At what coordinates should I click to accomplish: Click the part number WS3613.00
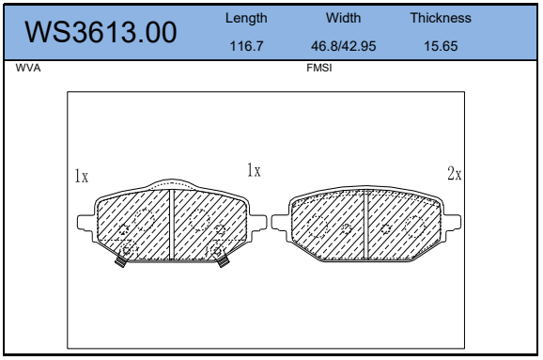tap(101, 32)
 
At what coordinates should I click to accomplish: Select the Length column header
tap(246, 18)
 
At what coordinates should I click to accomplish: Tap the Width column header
tap(343, 18)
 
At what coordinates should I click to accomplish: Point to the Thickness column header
tap(441, 18)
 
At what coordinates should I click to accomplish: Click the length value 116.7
tap(246, 46)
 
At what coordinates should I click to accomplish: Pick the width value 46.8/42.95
tap(343, 46)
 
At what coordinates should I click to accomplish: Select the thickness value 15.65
tap(441, 46)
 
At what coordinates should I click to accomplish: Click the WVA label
tap(28, 68)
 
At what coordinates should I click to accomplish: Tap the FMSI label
tap(319, 68)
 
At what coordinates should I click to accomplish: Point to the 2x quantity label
tap(455, 174)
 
